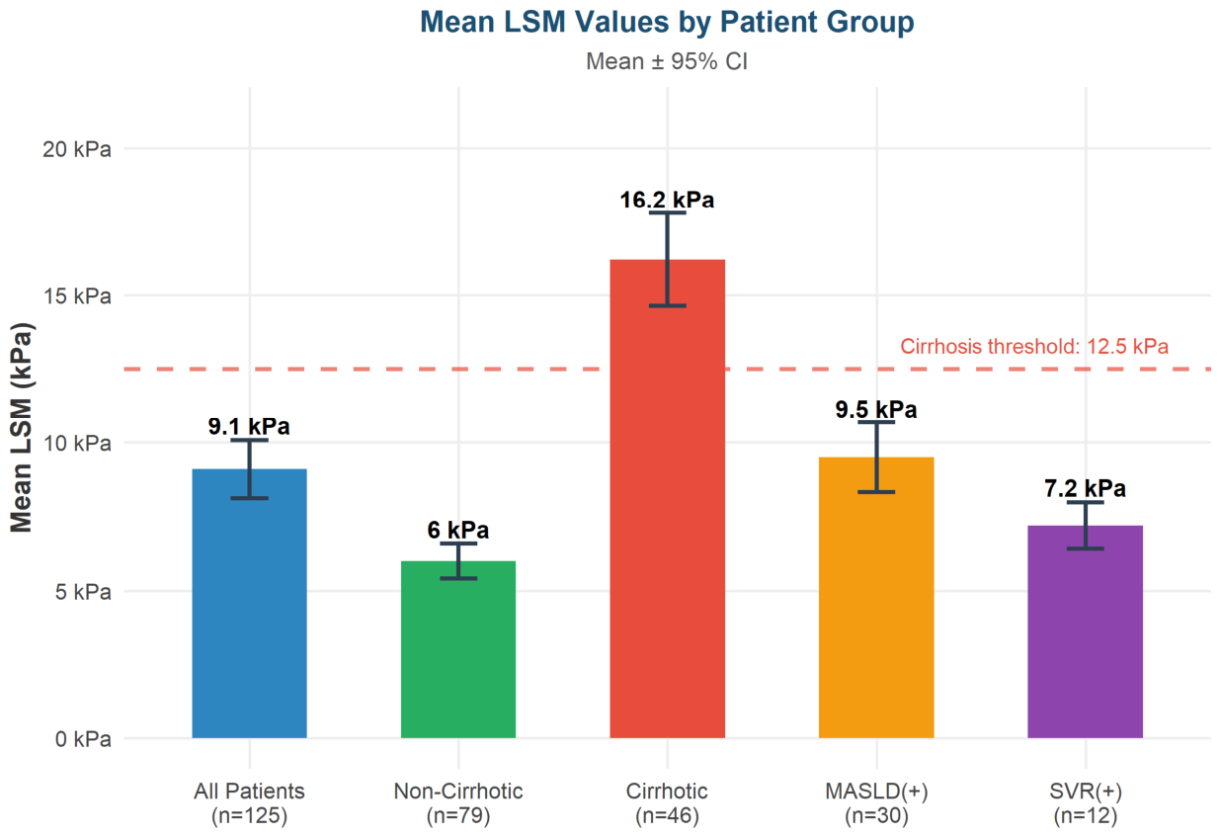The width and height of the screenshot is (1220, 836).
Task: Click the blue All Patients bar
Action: (250, 604)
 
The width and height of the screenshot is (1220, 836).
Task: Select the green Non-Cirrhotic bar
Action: (458, 649)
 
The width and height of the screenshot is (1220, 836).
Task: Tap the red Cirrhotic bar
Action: (667, 499)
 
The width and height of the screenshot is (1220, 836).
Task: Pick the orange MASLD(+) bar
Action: (876, 598)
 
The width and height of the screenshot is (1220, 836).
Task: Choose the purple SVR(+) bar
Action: (1086, 632)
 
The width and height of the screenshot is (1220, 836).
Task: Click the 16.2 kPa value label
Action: (667, 200)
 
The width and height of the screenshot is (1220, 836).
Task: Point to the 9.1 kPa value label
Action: (249, 426)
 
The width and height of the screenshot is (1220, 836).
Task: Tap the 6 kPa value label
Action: (458, 531)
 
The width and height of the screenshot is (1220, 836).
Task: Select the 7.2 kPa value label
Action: (1086, 488)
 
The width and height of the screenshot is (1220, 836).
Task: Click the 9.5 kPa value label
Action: (876, 410)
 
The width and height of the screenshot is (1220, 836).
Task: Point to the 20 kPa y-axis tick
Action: (77, 149)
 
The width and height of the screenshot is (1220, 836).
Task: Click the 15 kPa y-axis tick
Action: (77, 296)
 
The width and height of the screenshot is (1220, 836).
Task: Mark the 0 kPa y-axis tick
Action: (83, 739)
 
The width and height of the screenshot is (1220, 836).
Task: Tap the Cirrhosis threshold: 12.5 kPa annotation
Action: (1034, 347)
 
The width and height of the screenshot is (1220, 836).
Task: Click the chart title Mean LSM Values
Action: (667, 23)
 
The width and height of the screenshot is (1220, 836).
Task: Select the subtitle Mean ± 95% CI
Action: (667, 61)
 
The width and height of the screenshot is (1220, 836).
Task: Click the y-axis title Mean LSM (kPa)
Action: (22, 427)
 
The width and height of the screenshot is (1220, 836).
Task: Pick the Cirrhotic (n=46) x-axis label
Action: (667, 803)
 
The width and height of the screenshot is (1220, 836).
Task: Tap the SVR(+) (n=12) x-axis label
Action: (1086, 803)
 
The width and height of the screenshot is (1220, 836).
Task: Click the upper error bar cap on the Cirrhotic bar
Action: (667, 212)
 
